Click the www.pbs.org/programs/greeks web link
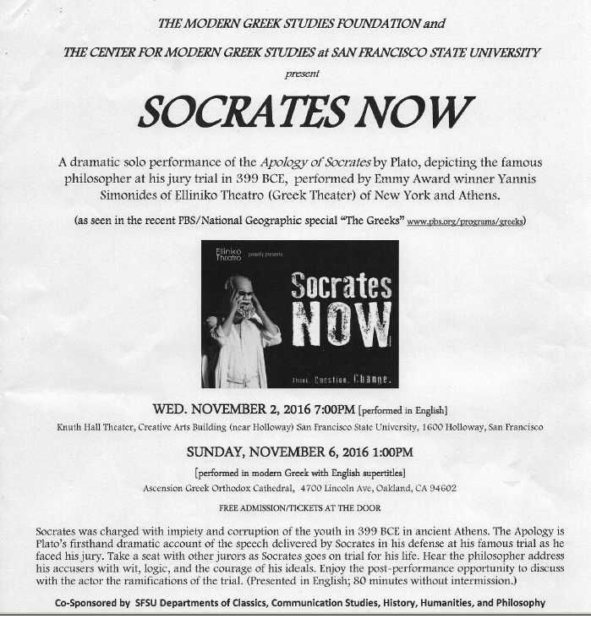pyautogui.click(x=466, y=222)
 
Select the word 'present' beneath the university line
pyautogui.click(x=302, y=74)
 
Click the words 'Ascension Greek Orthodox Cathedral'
pyautogui.click(x=219, y=488)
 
